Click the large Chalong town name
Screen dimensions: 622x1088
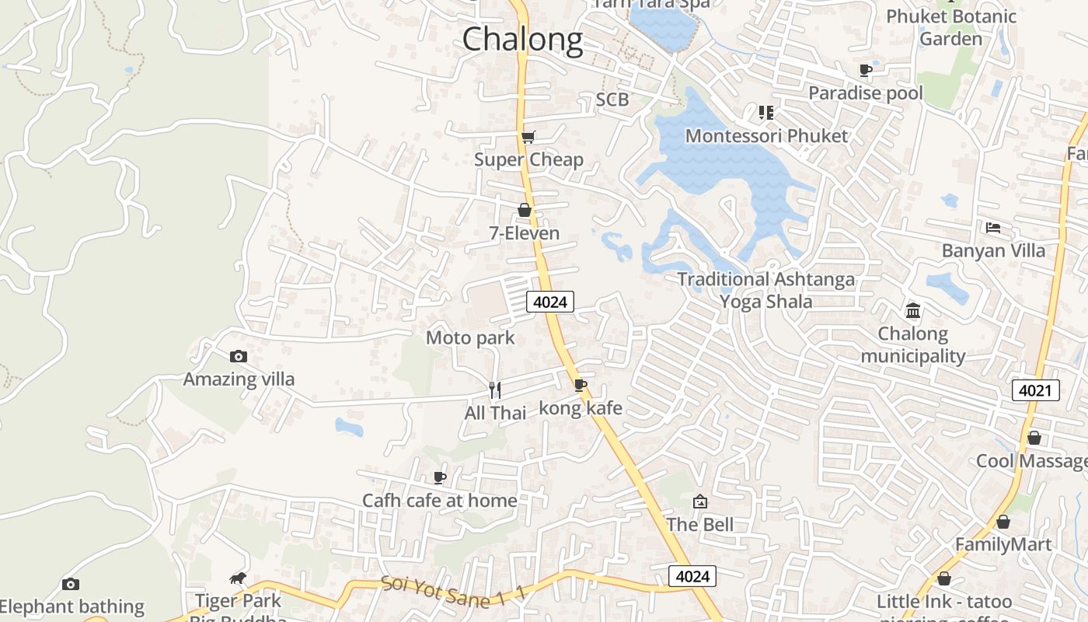point(522,39)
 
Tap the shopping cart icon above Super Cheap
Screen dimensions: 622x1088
point(528,138)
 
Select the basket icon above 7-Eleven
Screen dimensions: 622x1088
point(525,210)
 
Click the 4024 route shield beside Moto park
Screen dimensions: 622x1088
point(550,302)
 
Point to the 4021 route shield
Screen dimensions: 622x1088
point(1036,390)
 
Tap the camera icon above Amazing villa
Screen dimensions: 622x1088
point(239,357)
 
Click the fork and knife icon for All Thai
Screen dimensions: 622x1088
point(495,390)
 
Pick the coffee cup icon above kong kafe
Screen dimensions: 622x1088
point(581,385)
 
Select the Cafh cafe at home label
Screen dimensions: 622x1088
point(440,500)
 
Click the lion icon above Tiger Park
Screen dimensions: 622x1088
point(238,578)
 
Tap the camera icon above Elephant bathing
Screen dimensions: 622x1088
point(71,584)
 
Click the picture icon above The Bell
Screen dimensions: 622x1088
point(700,501)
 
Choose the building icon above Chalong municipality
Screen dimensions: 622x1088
point(913,311)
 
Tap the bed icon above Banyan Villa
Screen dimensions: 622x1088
point(993,228)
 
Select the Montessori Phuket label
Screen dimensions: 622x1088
point(766,136)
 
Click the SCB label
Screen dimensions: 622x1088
point(612,100)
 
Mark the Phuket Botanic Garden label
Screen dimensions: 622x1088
point(951,27)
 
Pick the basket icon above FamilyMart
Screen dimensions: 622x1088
point(1003,522)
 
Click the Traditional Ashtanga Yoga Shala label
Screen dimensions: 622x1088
point(766,290)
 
